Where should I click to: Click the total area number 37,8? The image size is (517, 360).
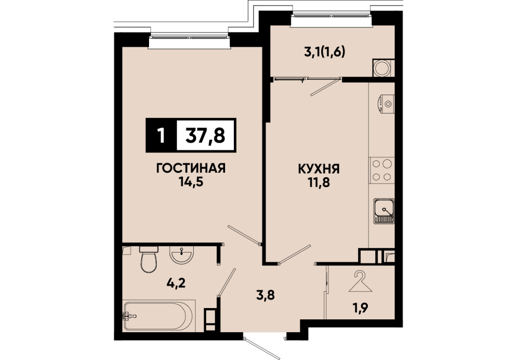pyautogui.click(x=206, y=135)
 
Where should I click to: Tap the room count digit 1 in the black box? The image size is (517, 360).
pyautogui.click(x=161, y=135)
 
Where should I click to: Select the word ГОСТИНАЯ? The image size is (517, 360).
pyautogui.click(x=191, y=168)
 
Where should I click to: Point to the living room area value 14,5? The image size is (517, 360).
pyautogui.click(x=191, y=182)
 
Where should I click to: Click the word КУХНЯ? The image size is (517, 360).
pyautogui.click(x=319, y=169)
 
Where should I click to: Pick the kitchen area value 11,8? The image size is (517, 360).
pyautogui.click(x=319, y=182)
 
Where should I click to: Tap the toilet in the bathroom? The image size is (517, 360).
pyautogui.click(x=149, y=259)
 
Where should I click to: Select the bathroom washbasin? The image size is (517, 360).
pyautogui.click(x=182, y=255)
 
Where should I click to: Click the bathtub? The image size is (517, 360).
pyautogui.click(x=159, y=316)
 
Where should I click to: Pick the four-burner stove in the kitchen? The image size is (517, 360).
pyautogui.click(x=382, y=170)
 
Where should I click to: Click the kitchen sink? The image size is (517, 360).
pyautogui.click(x=384, y=211)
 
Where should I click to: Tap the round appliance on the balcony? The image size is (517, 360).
pyautogui.click(x=382, y=68)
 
